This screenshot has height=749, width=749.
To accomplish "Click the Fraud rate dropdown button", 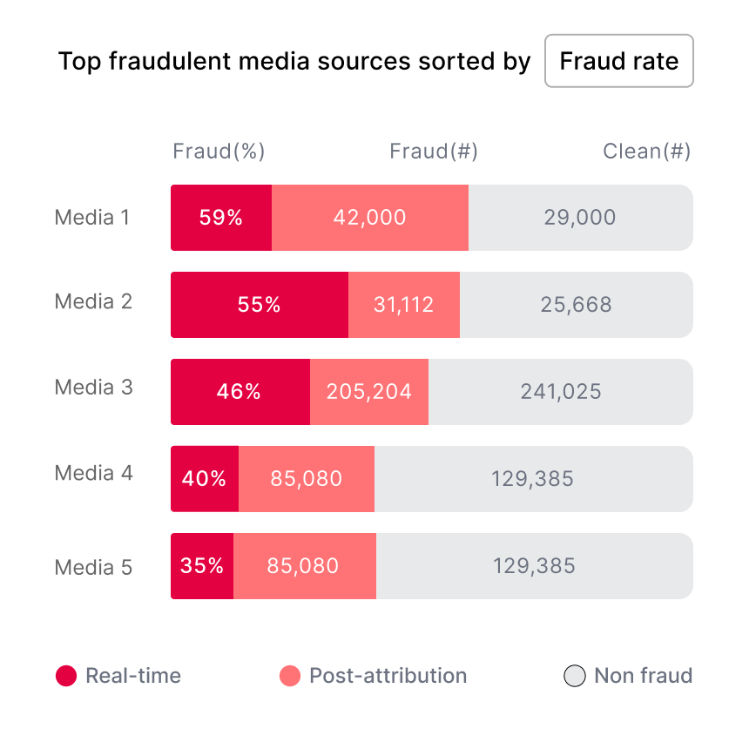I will (618, 61).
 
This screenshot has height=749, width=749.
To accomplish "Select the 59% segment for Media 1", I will (221, 218).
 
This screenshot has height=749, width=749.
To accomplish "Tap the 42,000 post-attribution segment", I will (370, 218).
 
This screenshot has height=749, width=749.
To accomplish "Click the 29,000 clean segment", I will (580, 218).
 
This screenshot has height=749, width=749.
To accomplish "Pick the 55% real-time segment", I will (260, 305).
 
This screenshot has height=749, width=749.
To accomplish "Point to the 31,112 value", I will (404, 305).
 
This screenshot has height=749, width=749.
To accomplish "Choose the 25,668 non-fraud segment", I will (576, 305).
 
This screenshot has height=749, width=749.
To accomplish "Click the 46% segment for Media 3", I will (240, 392).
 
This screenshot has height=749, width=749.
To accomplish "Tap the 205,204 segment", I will (369, 392).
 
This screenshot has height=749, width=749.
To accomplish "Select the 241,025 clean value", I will (561, 392).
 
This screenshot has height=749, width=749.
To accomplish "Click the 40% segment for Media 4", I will (205, 479).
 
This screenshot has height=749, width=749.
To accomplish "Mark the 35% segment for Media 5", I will (202, 566).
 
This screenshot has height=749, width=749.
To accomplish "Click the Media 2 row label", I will (93, 302).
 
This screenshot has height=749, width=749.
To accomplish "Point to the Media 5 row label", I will (93, 568).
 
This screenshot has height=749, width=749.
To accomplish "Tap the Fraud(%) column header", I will (219, 152).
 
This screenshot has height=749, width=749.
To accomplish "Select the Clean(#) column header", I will (646, 152).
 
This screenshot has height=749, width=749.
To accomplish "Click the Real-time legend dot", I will (66, 676).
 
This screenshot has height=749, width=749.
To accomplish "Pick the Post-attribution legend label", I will (388, 676).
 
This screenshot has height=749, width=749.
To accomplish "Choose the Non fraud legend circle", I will (575, 676).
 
